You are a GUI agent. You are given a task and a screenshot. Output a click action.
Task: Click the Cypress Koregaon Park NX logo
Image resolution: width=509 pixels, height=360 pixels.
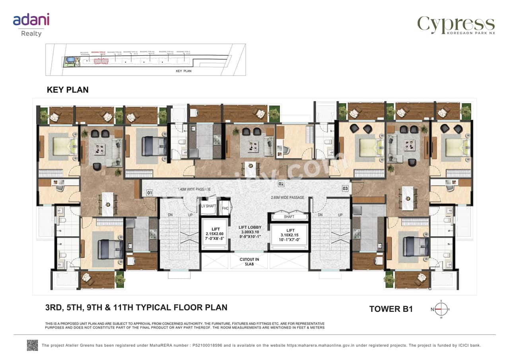point(456,25)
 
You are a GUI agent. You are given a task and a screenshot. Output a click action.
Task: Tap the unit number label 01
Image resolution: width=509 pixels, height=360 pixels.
point(150,193)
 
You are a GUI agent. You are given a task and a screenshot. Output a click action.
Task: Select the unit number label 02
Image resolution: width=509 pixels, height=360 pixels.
point(281,184)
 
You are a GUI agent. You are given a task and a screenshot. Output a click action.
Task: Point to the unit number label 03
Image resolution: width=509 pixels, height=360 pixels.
point(345,188)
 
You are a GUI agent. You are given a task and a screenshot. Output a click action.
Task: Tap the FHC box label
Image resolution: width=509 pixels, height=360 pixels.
point(225,208)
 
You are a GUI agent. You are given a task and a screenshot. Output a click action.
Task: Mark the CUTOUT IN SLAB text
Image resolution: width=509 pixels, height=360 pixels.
point(249,261)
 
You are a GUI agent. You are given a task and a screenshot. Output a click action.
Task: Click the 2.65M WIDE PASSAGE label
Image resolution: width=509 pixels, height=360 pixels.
point(287,197)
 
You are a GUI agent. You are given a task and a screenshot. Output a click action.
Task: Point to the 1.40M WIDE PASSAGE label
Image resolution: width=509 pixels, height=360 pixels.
point(194,189)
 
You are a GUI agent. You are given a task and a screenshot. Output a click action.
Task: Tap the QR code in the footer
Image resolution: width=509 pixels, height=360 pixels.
point(33,345)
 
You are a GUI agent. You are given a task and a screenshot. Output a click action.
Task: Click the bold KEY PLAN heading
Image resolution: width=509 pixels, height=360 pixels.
point(68,90)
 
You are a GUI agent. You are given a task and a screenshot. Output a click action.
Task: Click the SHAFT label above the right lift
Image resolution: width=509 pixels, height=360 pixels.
point(289,217)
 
